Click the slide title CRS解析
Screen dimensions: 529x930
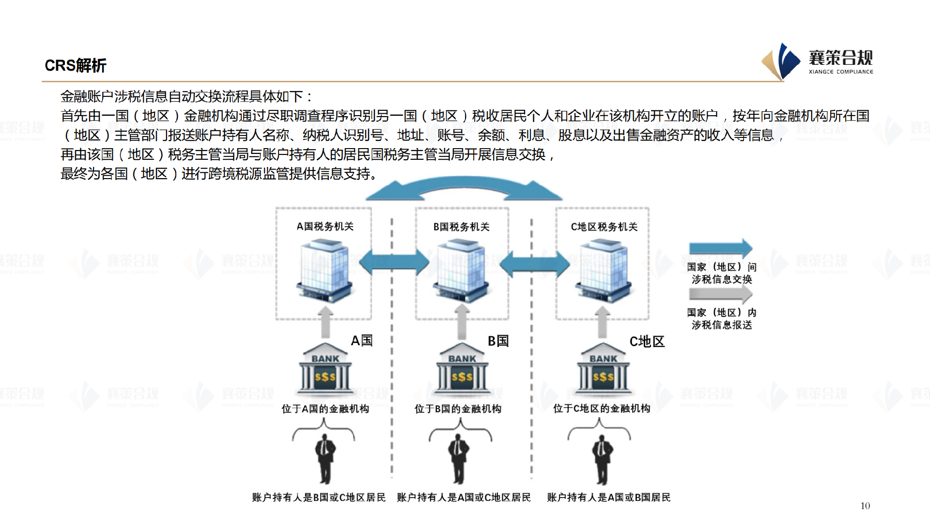click(x=75, y=65)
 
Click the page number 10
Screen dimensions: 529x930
click(x=865, y=506)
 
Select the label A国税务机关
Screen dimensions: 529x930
click(x=325, y=227)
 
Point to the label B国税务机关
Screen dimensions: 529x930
click(x=461, y=227)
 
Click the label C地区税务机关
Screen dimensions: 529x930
click(x=604, y=227)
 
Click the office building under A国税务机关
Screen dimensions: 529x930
click(x=324, y=272)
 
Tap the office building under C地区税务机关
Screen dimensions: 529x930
click(x=603, y=272)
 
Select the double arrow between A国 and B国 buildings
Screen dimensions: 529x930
click(x=393, y=263)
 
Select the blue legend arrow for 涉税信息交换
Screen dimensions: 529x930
click(x=720, y=248)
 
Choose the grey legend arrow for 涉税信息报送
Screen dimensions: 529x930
click(x=720, y=294)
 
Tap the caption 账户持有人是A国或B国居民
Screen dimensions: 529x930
click(x=608, y=498)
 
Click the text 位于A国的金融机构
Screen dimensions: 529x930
click(x=325, y=409)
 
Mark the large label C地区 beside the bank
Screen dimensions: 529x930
click(x=647, y=342)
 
